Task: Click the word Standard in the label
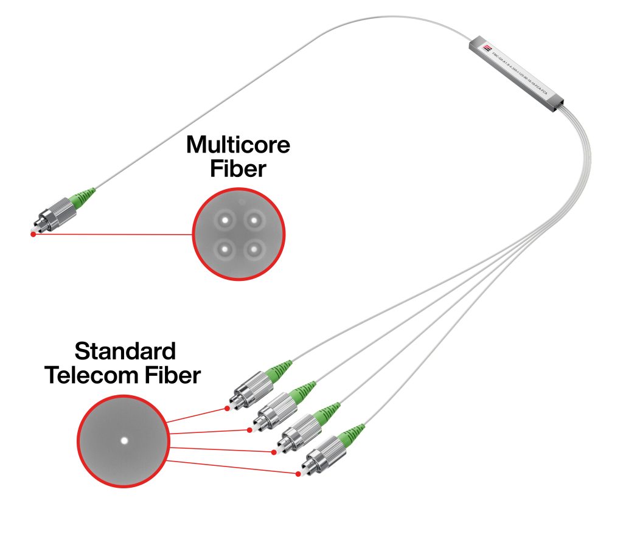click(125, 351)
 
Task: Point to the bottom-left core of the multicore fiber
click(224, 248)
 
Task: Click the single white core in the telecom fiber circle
click(124, 440)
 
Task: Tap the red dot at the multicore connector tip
click(33, 234)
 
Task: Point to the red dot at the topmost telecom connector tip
click(227, 409)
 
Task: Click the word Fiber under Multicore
click(238, 169)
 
